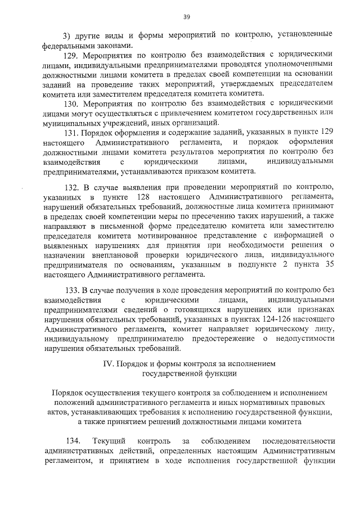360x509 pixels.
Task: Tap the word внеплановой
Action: [x=108, y=254]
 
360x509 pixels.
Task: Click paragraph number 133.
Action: [x=71, y=290]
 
